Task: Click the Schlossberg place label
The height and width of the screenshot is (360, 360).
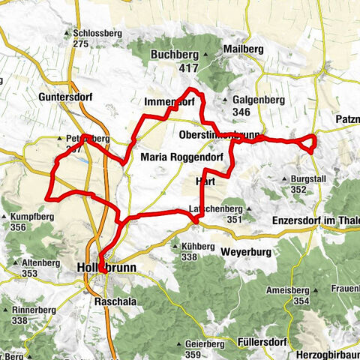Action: pos(97,33)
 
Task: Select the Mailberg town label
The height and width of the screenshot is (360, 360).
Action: pos(243,49)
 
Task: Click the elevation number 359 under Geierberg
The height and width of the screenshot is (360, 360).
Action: pos(193,355)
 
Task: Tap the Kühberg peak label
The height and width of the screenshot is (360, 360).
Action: pos(199,247)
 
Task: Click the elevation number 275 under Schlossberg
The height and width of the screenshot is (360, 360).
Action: pos(82,44)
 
